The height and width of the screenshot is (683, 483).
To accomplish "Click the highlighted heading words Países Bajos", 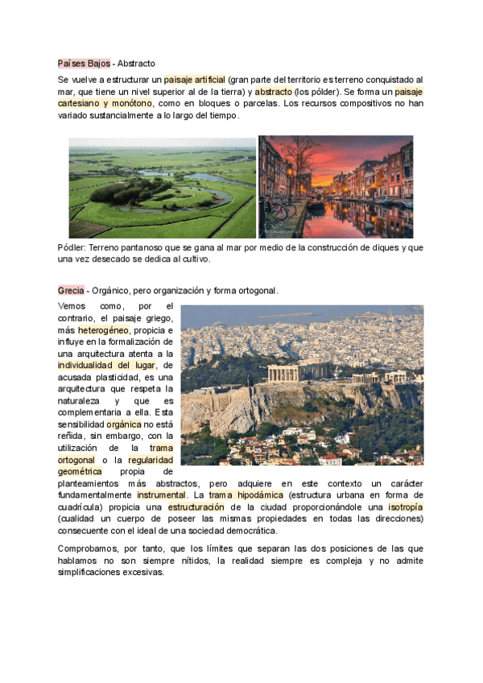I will (84, 63).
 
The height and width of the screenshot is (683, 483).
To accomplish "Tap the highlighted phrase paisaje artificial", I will (194, 80).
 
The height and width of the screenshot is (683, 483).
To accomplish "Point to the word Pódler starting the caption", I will (72, 248).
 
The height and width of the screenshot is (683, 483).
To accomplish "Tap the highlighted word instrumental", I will (159, 495).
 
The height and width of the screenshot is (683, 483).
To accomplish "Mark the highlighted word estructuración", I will (196, 507).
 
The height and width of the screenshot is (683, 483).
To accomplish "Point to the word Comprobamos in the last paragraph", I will (87, 548).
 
